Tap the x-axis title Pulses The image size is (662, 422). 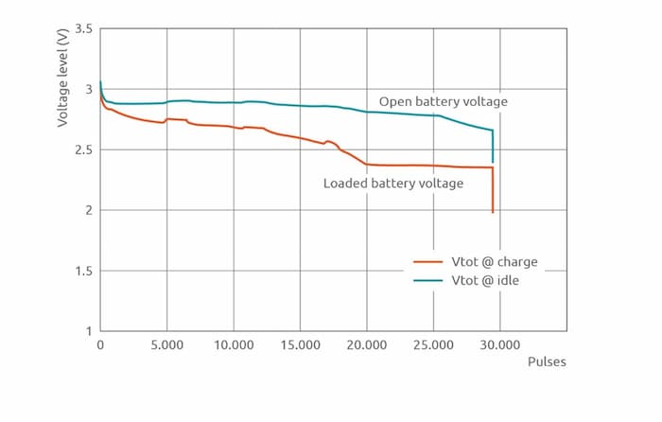click(x=546, y=362)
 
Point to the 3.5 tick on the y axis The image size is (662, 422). click(x=84, y=29)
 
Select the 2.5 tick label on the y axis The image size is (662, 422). click(x=84, y=150)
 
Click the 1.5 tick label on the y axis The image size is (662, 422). click(x=84, y=272)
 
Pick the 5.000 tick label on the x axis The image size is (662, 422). click(x=167, y=345)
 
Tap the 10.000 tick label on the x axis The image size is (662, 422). click(x=234, y=345)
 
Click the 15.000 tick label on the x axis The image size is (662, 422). click(x=300, y=345)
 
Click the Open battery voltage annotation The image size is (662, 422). click(x=444, y=101)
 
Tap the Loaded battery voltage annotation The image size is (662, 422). click(x=393, y=184)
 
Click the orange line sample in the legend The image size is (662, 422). click(x=428, y=262)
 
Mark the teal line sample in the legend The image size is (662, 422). click(x=428, y=281)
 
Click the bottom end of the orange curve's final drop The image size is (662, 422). click(x=493, y=212)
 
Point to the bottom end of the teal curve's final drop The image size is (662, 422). click(x=493, y=162)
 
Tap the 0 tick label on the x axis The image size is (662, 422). click(x=100, y=345)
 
